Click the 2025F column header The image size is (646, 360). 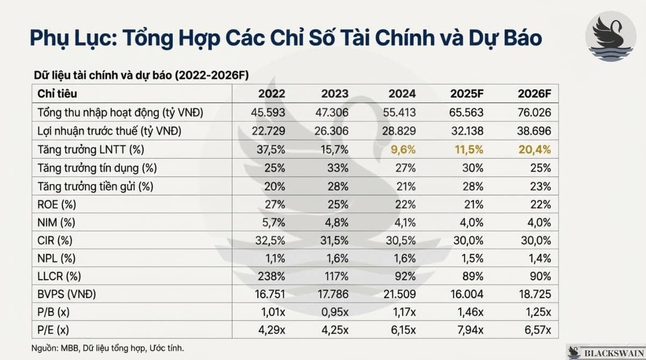tap(467, 94)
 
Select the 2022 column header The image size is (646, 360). tap(271, 94)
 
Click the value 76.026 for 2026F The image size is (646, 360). tap(535, 112)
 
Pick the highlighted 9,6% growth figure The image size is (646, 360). tap(402, 150)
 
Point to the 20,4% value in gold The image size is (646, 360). tap(535, 150)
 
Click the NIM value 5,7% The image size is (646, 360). tap(274, 222)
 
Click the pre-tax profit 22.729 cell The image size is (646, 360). tap(268, 131)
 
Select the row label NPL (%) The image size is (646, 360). tap(56, 258)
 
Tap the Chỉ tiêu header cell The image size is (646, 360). tap(57, 94)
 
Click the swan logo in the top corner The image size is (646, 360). tap(610, 36)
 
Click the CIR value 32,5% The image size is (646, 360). tap(271, 241)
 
